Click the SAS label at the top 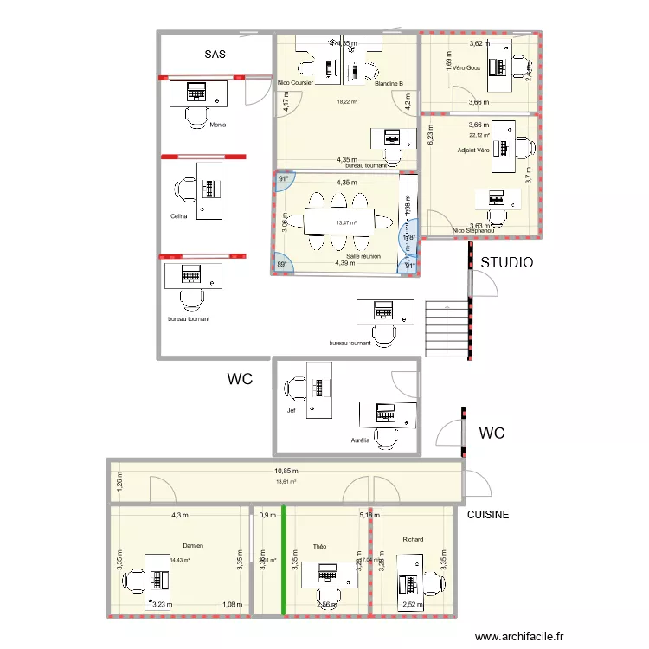coord(215,55)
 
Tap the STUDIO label coord(507,262)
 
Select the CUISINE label coord(488,515)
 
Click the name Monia coord(218,125)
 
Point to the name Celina coord(180,215)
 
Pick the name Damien coord(193,546)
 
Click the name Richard coord(413,539)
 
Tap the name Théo coord(319,547)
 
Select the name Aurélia coord(361,440)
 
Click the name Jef coord(292,410)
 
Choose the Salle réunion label coord(363,256)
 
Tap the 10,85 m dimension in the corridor coord(286,472)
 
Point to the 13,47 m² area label coord(347,222)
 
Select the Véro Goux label coord(466,67)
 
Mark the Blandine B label coord(389,84)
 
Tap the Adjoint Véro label coord(473,150)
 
